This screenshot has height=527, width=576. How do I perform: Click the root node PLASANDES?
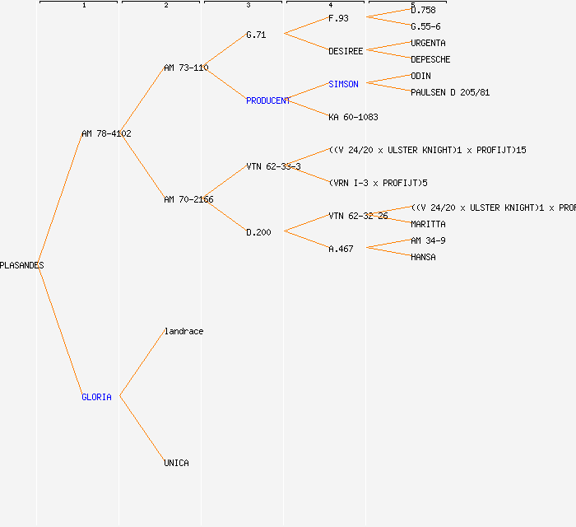(x=21, y=265)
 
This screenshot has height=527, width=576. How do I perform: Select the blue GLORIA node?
(x=96, y=397)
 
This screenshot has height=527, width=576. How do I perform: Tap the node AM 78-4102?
(x=106, y=133)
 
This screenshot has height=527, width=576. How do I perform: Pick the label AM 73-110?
(x=186, y=68)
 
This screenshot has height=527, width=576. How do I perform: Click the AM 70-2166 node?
(x=188, y=199)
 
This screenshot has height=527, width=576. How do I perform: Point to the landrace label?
(x=183, y=331)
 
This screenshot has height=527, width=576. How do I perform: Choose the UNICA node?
(x=176, y=463)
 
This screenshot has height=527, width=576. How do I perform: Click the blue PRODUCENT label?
(x=268, y=100)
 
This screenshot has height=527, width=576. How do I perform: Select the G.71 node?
(x=256, y=35)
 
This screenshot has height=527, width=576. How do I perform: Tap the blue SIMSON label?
(x=343, y=84)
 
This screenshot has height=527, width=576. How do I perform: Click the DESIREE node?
(x=346, y=51)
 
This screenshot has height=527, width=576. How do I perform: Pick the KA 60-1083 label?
(x=353, y=117)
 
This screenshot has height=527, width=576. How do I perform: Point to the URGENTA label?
(x=428, y=43)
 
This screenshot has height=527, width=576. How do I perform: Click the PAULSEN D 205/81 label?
(x=450, y=92)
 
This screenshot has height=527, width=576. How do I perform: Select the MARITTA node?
(x=428, y=224)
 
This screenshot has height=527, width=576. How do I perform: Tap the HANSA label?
(x=423, y=257)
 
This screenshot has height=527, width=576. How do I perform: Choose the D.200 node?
(x=258, y=232)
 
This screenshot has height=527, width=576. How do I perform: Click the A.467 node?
(x=341, y=249)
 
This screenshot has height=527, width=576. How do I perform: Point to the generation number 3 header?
(x=248, y=6)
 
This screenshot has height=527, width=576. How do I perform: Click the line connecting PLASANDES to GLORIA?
(x=62, y=329)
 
